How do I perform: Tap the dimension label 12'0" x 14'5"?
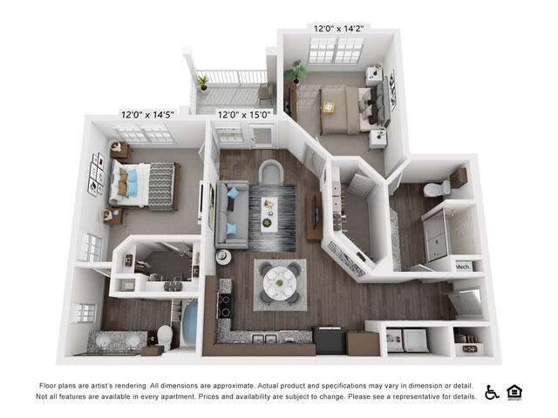click(147, 114)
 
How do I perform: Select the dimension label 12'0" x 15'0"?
click(244, 114)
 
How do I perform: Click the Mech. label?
click(464, 266)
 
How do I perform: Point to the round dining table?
click(280, 281)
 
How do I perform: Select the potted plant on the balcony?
click(203, 83)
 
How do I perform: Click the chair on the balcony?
click(266, 91)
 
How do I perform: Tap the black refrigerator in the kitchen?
click(329, 339)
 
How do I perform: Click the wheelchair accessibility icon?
click(493, 393)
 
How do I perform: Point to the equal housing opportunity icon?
click(515, 393)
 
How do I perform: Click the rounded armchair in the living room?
click(272, 172)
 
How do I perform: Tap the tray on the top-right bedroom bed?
click(329, 108)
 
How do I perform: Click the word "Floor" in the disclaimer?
click(48, 385)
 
